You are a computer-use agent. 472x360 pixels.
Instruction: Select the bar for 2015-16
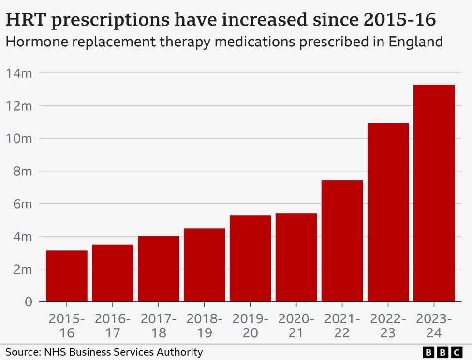coord(67,276)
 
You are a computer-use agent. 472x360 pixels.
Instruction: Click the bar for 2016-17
coord(113,273)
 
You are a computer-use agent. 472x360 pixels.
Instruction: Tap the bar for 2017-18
coord(159,269)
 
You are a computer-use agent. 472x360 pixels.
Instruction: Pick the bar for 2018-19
coord(205,265)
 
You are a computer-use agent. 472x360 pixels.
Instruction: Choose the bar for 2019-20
coord(250,258)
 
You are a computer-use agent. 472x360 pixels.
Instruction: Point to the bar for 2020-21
coord(296,257)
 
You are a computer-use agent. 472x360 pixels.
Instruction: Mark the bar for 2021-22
coord(342,241)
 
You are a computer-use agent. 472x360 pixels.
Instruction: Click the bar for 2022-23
coord(388,212)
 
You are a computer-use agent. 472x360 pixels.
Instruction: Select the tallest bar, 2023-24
coord(434,193)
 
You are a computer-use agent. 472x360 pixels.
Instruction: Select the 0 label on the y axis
coord(29,302)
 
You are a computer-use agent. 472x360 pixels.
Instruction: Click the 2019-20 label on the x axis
coord(250,326)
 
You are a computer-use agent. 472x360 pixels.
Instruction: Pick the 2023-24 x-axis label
coord(434,326)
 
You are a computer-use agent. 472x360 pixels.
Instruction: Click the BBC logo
coord(442,352)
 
